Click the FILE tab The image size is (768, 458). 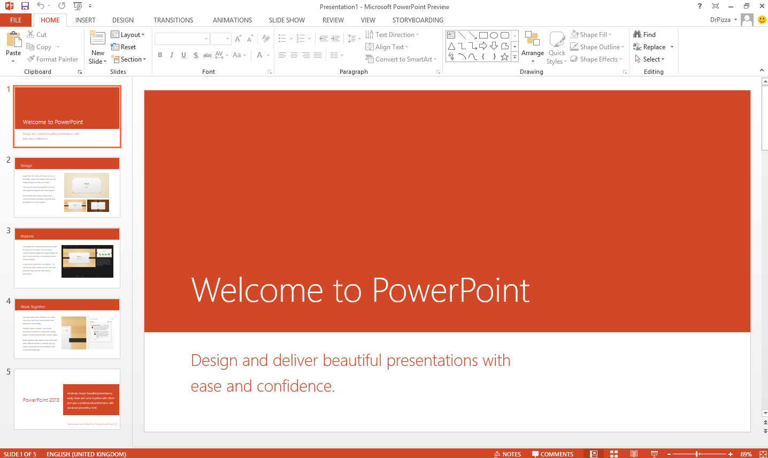coord(16,20)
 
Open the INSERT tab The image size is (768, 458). coord(86,20)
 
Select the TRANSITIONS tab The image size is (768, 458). coord(173,20)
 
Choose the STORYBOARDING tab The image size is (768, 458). coord(418,20)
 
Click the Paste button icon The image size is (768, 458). coord(13,40)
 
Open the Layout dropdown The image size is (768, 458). coord(128,35)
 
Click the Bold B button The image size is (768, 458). coord(160,55)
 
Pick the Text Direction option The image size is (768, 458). coord(392,35)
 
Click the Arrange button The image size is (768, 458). coord(533,45)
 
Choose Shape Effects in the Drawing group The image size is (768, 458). coord(598,59)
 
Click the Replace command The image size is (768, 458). coord(654,47)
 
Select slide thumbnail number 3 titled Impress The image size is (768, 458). coord(67,258)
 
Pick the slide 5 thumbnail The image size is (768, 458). coord(67,399)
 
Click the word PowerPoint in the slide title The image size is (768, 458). coord(450,291)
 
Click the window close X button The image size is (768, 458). coord(762,6)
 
